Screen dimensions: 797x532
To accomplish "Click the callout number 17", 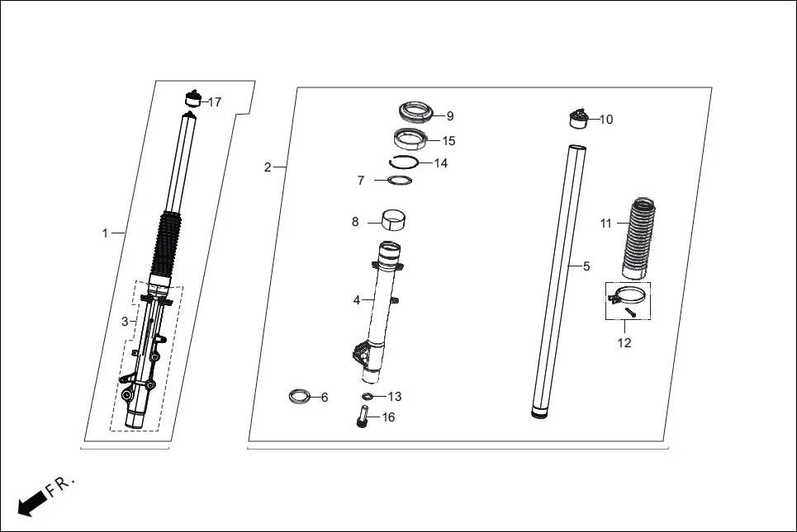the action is (x=215, y=102).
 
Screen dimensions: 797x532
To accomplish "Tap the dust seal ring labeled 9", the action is (x=416, y=111).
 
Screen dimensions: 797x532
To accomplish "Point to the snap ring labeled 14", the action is (x=406, y=162).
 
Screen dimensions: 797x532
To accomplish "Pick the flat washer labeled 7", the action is (x=400, y=180).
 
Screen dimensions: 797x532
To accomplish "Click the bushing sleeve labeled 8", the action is (x=396, y=222).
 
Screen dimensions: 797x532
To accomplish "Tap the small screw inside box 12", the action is (x=631, y=312).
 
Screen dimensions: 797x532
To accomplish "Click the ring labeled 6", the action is (x=300, y=397).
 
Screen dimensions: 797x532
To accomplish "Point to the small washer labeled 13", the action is (x=368, y=397).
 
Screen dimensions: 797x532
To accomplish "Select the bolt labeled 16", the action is (x=361, y=417).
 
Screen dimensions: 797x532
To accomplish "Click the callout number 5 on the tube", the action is (x=586, y=266).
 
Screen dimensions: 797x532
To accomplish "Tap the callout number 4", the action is (x=357, y=300).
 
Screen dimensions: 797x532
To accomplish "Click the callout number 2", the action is (x=268, y=167).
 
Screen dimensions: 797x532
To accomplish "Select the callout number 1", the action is (x=105, y=233).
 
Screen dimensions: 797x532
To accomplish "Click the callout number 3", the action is (x=125, y=322).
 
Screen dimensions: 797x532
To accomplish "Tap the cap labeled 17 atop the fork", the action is (x=192, y=99).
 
